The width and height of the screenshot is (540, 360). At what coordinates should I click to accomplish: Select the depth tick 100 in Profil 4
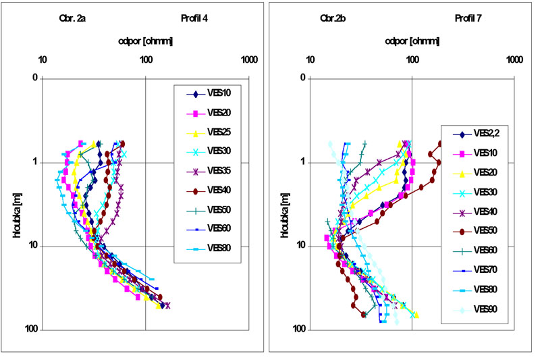click(x=30, y=330)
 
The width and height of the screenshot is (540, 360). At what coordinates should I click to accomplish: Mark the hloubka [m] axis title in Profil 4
click(x=17, y=205)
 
